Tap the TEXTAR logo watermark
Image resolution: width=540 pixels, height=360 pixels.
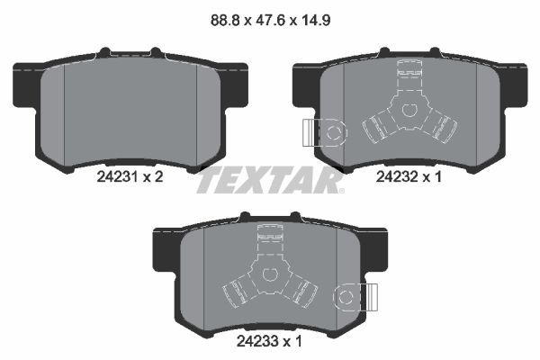pyautogui.click(x=269, y=180)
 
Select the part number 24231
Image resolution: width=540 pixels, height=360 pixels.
pyautogui.click(x=115, y=178)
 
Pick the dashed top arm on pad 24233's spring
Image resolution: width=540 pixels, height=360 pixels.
pyautogui.click(x=267, y=238)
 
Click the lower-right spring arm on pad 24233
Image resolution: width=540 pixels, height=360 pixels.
pyautogui.click(x=301, y=290)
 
